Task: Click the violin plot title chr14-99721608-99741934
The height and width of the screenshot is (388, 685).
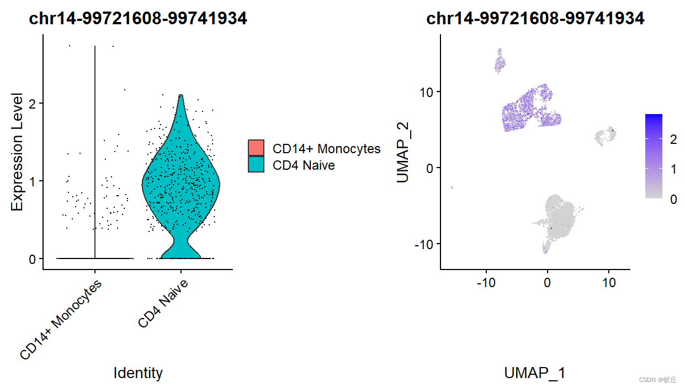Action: [x=138, y=18]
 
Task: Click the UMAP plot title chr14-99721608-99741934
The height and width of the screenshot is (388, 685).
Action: [x=535, y=18]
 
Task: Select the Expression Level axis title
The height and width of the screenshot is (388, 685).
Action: [x=17, y=152]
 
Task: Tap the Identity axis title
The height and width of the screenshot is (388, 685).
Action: [x=138, y=373]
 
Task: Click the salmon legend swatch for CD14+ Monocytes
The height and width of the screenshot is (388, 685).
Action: [x=256, y=148]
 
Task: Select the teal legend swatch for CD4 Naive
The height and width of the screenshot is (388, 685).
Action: [x=256, y=164]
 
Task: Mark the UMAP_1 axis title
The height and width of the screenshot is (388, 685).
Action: [x=535, y=373]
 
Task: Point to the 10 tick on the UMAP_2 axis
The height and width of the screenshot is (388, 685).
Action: [x=426, y=91]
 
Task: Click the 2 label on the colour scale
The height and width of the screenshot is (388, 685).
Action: [x=673, y=140]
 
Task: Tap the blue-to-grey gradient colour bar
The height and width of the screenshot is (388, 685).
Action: [x=654, y=156]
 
